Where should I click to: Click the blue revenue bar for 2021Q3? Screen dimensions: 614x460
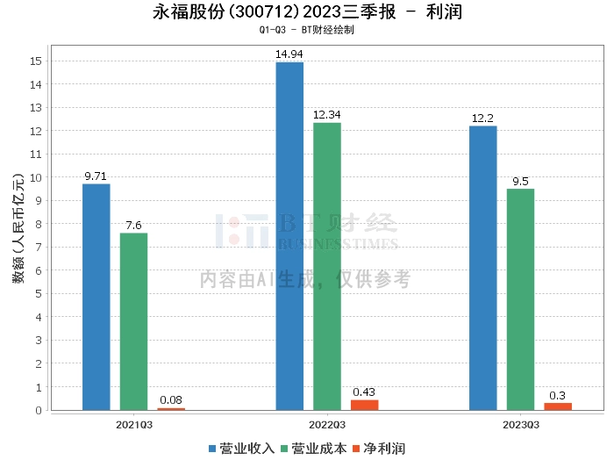[96, 297]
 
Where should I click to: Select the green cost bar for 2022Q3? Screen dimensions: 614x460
[327, 267]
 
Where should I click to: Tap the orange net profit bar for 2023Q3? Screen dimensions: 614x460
[558, 406]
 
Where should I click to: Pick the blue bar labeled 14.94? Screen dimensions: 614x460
[289, 236]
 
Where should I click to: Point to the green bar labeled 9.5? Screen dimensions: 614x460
[520, 299]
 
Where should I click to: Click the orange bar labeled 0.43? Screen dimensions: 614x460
[365, 406]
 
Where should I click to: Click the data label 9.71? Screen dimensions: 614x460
[96, 176]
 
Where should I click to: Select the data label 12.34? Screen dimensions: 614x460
[327, 115]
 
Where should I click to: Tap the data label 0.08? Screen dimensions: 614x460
[171, 400]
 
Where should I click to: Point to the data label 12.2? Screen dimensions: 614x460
[482, 119]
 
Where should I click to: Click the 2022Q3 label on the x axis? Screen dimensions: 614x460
[327, 425]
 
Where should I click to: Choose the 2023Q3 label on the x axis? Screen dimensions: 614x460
[521, 425]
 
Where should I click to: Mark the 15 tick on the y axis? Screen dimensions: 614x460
[36, 61]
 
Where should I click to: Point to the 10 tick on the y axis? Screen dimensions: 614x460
[36, 177]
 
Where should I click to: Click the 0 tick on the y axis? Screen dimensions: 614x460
[39, 410]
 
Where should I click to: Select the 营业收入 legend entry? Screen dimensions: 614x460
[241, 449]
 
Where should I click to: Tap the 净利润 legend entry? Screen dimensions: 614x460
[379, 449]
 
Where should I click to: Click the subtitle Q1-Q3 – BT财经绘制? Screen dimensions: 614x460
[307, 30]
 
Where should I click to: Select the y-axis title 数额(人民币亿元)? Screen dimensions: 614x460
[18, 228]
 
